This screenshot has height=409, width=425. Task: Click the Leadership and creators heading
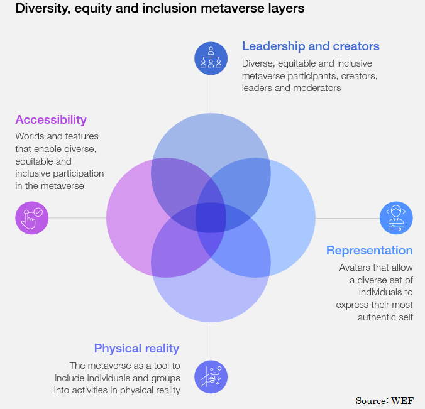pyautogui.click(x=311, y=46)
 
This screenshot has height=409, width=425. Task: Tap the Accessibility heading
pyautogui.click(x=51, y=120)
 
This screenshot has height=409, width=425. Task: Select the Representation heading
pyautogui.click(x=370, y=251)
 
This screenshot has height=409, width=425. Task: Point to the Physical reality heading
pyautogui.click(x=136, y=348)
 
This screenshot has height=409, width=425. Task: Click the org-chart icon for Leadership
pyautogui.click(x=211, y=58)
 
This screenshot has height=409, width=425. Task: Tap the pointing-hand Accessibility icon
pyautogui.click(x=32, y=218)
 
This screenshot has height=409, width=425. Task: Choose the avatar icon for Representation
pyautogui.click(x=396, y=218)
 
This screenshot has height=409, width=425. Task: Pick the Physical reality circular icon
pyautogui.click(x=211, y=377)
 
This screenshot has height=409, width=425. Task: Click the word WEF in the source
pyautogui.click(x=402, y=401)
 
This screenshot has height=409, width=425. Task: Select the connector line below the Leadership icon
pyautogui.click(x=211, y=94)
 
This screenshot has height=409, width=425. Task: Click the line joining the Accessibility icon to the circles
pyautogui.click(x=77, y=218)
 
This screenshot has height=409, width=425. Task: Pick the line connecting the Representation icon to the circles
pyautogui.click(x=348, y=218)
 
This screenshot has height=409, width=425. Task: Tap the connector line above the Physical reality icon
pyautogui.click(x=211, y=341)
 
